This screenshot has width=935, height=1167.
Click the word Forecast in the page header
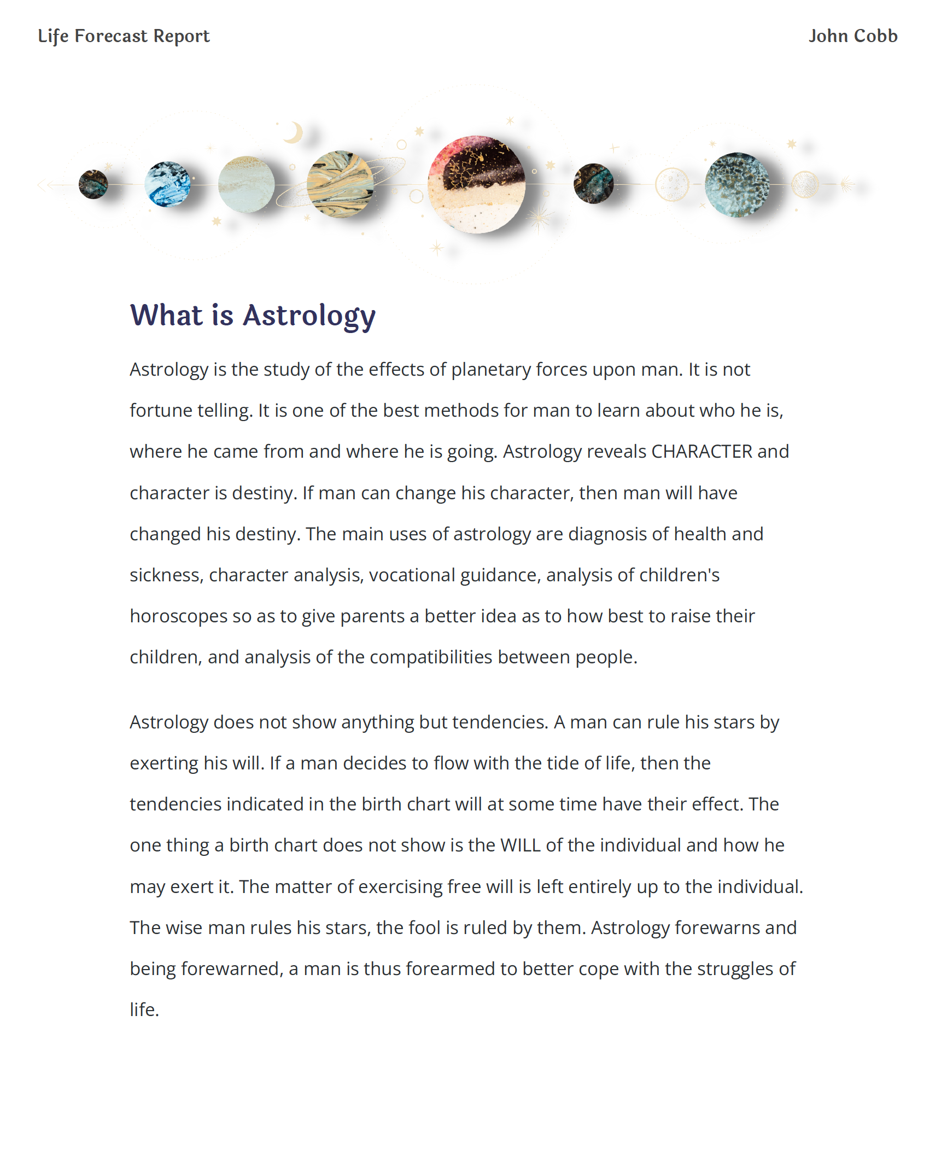(x=111, y=36)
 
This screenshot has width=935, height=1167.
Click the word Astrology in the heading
(x=309, y=316)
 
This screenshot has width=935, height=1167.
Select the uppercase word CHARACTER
(x=702, y=452)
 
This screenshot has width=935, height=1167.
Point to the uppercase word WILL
(x=520, y=845)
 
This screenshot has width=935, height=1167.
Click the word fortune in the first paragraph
(x=161, y=411)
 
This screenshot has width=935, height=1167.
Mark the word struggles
(x=735, y=969)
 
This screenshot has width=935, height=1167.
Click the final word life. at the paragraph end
(x=144, y=1010)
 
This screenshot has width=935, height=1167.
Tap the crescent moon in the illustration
(x=294, y=132)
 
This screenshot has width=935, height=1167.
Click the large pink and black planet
(x=476, y=184)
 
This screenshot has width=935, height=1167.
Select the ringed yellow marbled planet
(x=340, y=184)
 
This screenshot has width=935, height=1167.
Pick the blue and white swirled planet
(x=167, y=184)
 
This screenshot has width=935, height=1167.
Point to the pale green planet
(x=246, y=184)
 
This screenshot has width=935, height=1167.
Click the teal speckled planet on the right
(x=737, y=184)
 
